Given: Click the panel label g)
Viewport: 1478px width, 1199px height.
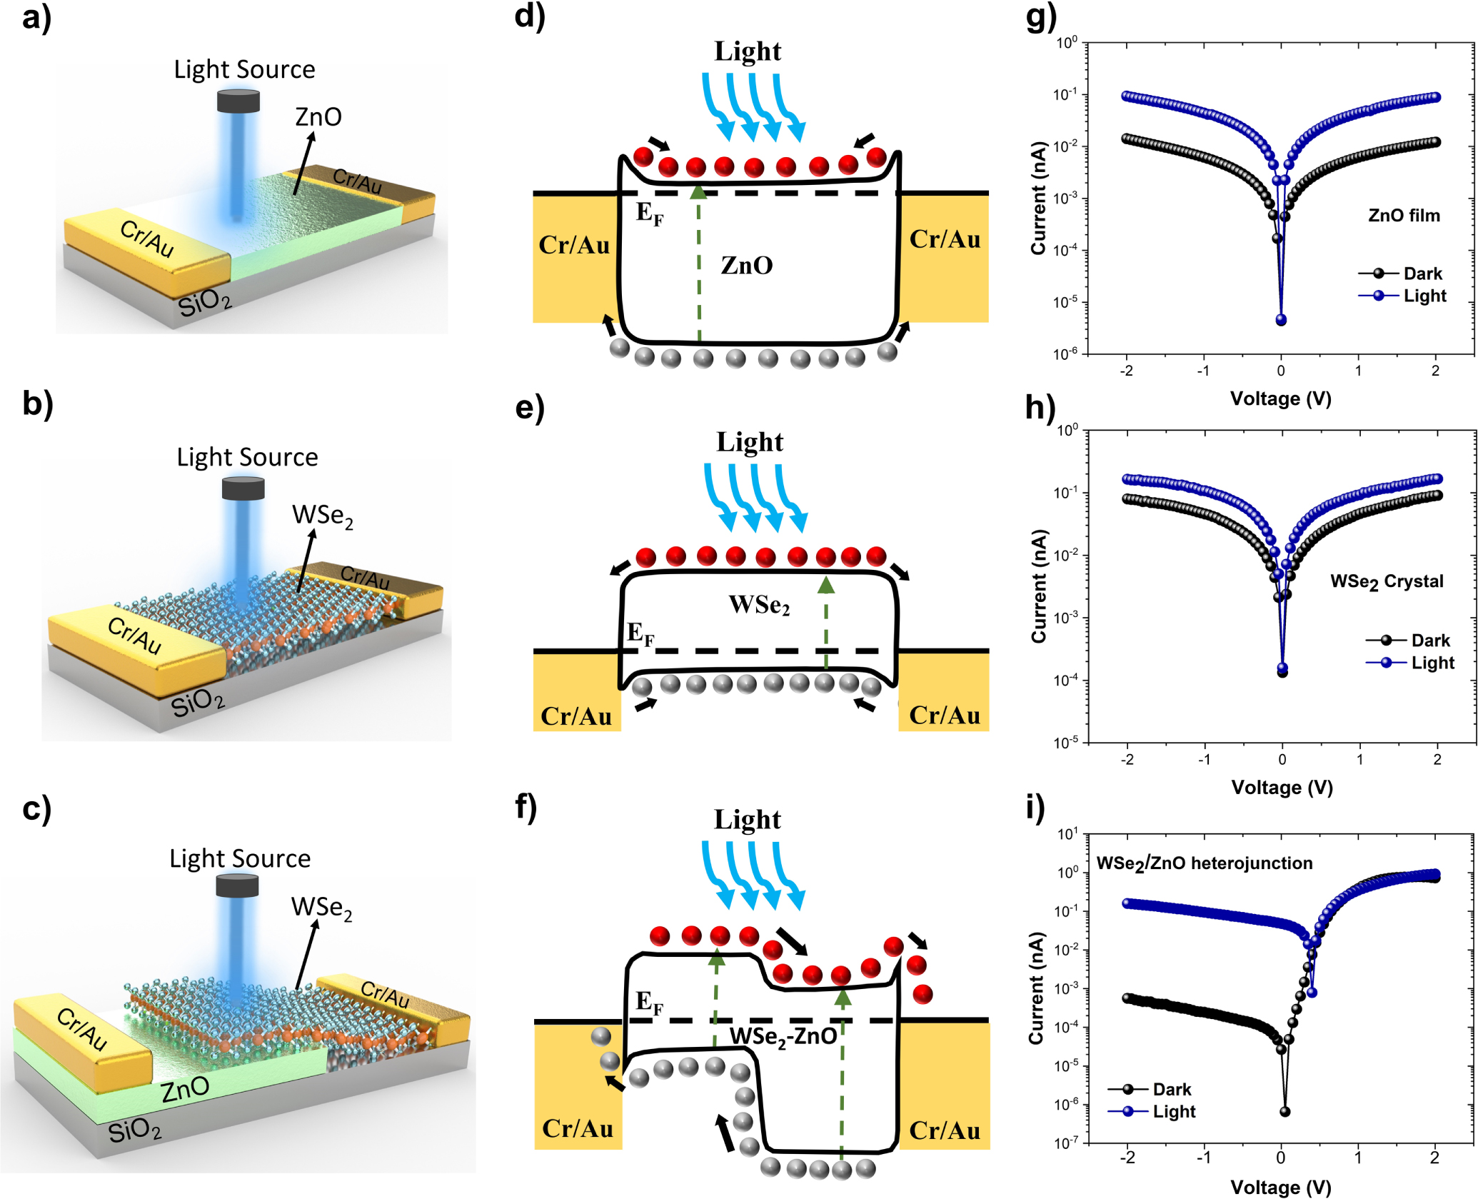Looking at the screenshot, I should coord(1040,17).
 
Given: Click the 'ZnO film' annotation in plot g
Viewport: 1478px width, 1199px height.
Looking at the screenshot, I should coord(1403,216).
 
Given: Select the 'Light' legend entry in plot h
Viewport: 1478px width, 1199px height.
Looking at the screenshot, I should coord(1432,663).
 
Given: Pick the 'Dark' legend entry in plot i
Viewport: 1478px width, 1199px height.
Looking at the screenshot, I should coord(1171,1089).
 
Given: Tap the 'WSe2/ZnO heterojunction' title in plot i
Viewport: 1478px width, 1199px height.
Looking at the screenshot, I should coord(1204,863).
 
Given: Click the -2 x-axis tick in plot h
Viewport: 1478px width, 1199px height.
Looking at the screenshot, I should coord(1127,760).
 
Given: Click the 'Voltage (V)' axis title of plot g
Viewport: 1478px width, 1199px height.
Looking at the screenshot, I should coord(1280,399).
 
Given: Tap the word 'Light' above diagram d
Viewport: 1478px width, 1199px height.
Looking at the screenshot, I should coord(748,51).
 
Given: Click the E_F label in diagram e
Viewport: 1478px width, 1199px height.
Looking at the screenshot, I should coord(640,633).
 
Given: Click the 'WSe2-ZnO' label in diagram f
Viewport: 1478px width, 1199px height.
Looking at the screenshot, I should coord(783,1036).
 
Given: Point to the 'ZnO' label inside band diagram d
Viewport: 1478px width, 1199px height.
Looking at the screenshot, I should coord(746,266).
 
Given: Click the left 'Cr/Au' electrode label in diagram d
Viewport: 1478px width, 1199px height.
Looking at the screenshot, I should coord(574,245).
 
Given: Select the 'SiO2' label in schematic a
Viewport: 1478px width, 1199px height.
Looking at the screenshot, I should coord(205,303).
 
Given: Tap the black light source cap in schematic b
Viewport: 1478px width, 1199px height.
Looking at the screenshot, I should coord(243,488).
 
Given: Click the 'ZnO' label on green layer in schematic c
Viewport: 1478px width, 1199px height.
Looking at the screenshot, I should coord(185,1090).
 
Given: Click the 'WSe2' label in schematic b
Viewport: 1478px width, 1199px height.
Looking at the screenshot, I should coord(322,515).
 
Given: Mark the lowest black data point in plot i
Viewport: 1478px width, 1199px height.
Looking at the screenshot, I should coord(1285,1112).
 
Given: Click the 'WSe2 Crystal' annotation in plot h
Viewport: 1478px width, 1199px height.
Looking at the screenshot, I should coord(1386,582).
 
